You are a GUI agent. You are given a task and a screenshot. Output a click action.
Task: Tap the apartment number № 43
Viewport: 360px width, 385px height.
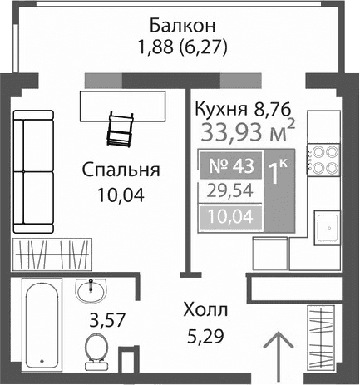pyautogui.click(x=229, y=165)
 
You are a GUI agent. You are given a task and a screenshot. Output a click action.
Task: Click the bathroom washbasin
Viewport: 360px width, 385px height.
pyautogui.click(x=91, y=291)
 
